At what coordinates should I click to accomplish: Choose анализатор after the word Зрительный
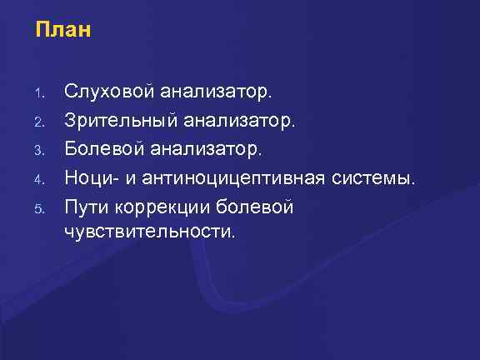pyautogui.click(x=236, y=123)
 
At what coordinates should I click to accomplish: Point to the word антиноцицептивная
pyautogui.click(x=234, y=178)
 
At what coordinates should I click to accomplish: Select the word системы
pyautogui.click(x=372, y=177)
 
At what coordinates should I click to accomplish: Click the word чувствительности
pyautogui.click(x=150, y=230)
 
